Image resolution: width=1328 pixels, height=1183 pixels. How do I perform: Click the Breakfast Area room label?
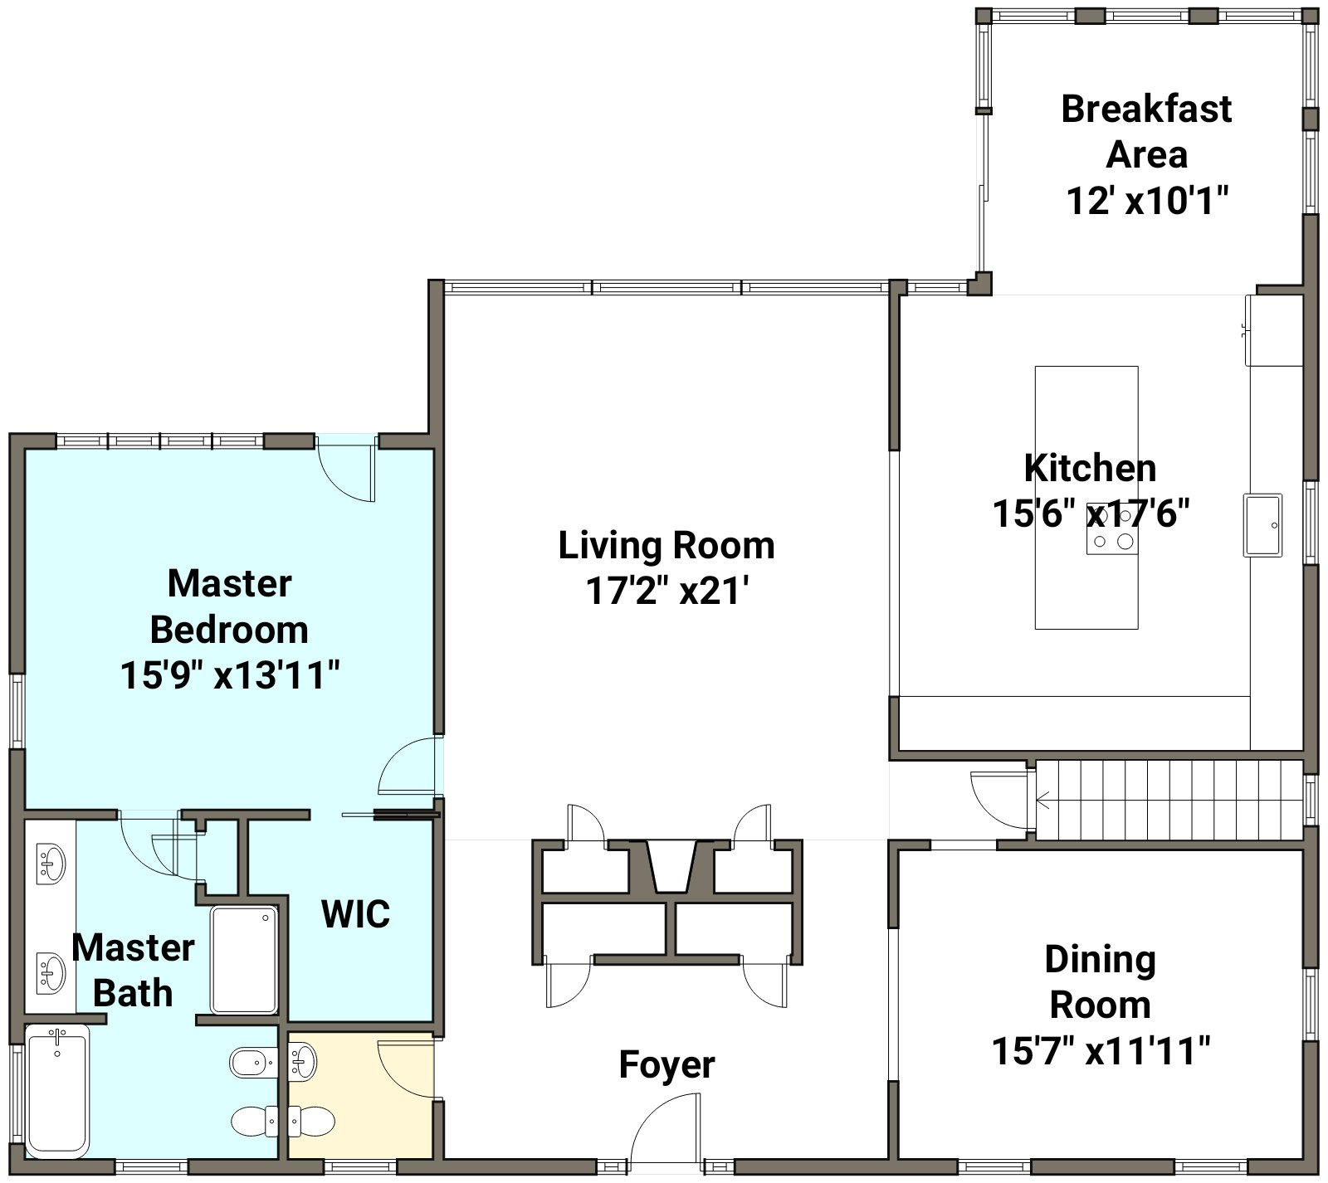[1146, 132]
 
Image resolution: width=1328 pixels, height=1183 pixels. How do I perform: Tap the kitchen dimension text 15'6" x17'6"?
[1091, 514]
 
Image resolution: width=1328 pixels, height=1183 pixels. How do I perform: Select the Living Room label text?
[666, 546]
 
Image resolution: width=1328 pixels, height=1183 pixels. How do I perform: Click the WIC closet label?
[355, 914]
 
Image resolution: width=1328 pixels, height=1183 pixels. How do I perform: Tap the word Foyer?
[666, 1065]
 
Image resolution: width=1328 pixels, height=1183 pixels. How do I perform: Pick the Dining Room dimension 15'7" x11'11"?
[1101, 1052]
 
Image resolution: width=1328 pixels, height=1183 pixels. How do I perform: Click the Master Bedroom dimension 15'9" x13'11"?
[230, 675]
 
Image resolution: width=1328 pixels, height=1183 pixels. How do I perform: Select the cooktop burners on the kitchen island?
[1112, 530]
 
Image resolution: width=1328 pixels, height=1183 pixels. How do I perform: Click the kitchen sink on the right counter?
[1262, 524]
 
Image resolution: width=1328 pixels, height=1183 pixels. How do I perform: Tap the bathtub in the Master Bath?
[56, 1092]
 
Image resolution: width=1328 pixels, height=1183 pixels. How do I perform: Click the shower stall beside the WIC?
[244, 960]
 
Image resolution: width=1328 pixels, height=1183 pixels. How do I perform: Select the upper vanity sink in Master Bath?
[51, 863]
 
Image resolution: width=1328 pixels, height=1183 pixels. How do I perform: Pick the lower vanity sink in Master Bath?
[51, 971]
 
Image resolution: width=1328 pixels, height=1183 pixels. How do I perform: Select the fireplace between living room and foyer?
[670, 867]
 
